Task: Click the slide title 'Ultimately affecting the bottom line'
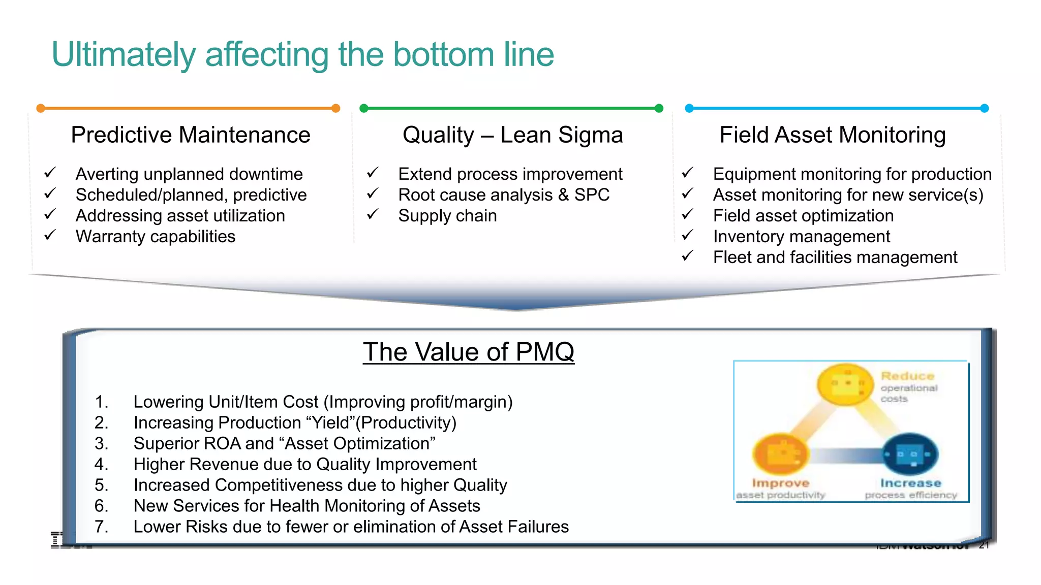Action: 302,54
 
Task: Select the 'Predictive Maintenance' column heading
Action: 191,135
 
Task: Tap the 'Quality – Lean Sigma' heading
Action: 512,135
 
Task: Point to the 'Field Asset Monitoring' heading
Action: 832,135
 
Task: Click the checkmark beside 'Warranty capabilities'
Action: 50,235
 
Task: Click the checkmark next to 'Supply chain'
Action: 373,214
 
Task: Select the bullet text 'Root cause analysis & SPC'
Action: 503,195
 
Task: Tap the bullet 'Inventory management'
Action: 801,237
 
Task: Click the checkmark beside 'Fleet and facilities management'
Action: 687,256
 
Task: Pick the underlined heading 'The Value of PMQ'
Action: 468,352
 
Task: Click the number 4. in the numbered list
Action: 101,464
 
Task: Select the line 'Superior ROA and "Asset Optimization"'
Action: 284,443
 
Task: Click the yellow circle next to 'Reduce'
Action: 845,384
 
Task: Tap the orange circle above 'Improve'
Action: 779,453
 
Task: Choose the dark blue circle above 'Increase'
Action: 910,453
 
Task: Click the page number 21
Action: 984,545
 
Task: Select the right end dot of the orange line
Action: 335,108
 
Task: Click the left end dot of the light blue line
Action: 689,108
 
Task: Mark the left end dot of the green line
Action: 363,108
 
